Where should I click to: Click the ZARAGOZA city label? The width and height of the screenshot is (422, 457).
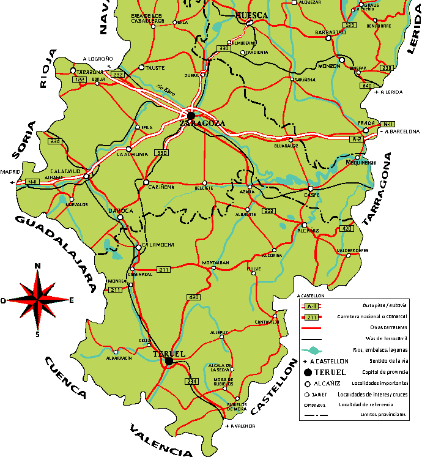coord(202,123)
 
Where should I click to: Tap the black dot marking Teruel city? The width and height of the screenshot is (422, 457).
coord(169,362)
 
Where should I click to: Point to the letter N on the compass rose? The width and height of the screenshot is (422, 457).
coord(37,266)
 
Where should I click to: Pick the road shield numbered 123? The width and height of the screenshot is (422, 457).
coord(350,25)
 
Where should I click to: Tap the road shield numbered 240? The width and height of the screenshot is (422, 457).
coord(367,86)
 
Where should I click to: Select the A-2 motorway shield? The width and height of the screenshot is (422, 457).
coord(357,139)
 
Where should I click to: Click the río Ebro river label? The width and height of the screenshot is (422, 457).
coord(163,90)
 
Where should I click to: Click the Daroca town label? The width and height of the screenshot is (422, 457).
coord(120,210)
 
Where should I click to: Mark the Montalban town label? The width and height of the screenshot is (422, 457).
coord(215,262)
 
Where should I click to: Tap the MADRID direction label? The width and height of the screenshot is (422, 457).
coord(10,172)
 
